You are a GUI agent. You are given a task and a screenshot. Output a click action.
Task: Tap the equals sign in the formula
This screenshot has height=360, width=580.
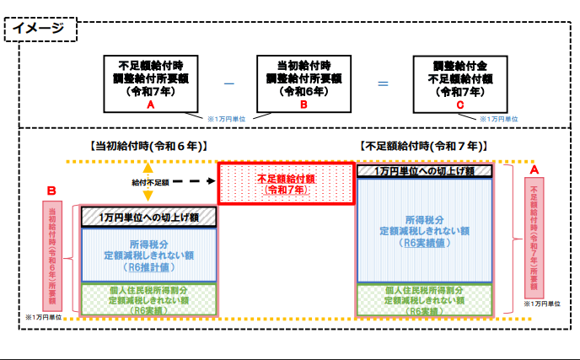(x=383, y=83)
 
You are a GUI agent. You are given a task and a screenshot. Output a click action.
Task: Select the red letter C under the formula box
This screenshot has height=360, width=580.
(x=459, y=105)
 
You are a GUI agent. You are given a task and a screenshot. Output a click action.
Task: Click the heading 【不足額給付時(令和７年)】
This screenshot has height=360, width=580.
(x=422, y=146)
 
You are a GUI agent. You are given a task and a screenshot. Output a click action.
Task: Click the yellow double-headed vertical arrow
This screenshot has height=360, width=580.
(x=147, y=182)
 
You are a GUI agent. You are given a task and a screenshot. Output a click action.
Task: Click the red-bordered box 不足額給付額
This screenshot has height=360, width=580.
(x=286, y=184)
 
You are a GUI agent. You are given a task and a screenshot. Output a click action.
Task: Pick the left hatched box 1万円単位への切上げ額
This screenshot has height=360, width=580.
(x=148, y=217)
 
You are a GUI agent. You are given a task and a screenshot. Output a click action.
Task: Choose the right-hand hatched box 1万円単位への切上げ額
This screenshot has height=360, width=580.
(x=422, y=171)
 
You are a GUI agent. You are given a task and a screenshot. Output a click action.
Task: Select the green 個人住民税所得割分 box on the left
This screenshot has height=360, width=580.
(x=148, y=299)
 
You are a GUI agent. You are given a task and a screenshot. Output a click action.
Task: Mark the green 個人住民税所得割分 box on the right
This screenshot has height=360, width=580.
(x=422, y=299)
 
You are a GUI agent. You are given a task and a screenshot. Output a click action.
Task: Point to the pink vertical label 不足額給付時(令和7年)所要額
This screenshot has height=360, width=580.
(x=534, y=237)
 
